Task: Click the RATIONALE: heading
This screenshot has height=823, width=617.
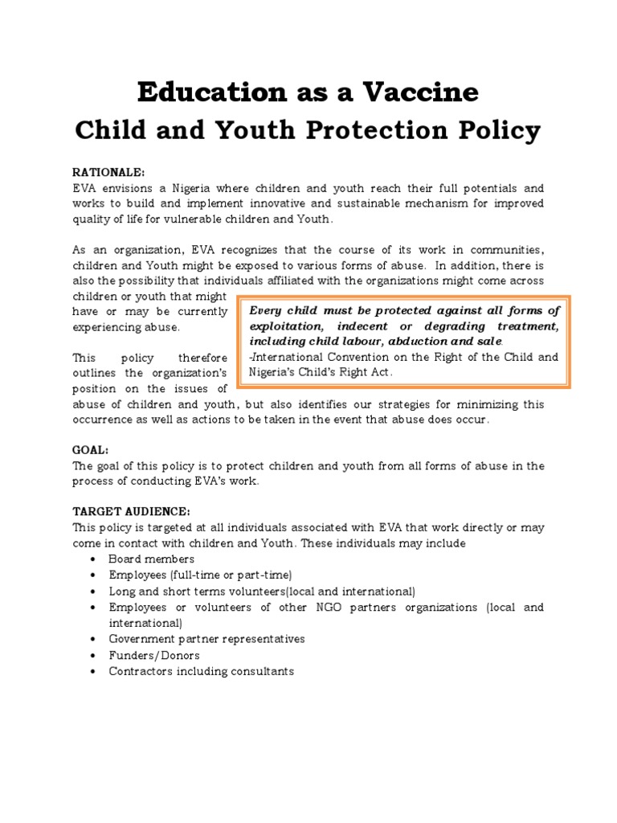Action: coord(108,173)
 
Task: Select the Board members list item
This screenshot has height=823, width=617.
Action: coord(151,559)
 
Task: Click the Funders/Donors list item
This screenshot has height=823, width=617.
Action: coord(154,655)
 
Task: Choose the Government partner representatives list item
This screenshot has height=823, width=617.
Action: coord(206,639)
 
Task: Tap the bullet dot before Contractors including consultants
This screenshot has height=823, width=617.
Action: coord(94,671)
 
